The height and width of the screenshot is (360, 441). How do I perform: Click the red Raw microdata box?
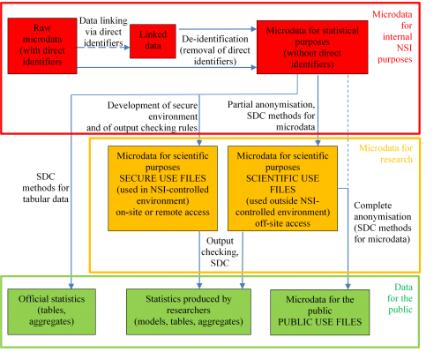42,46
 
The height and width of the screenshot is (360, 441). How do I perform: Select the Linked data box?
153,41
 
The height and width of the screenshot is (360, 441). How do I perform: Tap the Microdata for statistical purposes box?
312,47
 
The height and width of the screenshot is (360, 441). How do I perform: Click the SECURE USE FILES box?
162,188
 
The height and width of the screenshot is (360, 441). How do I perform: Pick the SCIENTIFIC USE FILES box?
282,188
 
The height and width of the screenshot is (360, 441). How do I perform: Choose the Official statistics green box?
51,311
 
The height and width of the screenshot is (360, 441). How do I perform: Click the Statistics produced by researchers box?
189,311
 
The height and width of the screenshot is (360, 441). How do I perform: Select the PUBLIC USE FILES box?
320,312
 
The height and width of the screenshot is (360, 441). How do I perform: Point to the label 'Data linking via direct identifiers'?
103,32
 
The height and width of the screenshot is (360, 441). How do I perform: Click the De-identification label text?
215,50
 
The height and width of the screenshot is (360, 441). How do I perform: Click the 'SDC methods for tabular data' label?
46,188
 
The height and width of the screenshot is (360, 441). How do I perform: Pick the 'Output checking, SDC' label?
220,251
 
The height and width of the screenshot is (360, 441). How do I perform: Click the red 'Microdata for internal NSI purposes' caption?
392,37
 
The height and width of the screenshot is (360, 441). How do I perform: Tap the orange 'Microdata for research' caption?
385,154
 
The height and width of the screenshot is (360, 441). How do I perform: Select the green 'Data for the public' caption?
400,298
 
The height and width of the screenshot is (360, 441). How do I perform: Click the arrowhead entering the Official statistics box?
71,286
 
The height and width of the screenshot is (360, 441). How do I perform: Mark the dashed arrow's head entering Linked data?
127,48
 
